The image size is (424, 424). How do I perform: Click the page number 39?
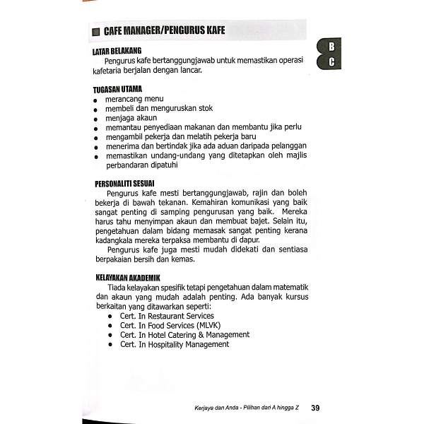315,408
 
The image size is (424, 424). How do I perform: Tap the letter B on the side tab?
331,47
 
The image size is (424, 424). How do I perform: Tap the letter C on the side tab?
331,62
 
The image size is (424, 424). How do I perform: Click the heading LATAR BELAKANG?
117,52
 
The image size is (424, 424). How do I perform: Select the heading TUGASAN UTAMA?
117,89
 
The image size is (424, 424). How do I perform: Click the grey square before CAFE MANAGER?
96,33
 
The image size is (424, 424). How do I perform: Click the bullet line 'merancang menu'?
134,100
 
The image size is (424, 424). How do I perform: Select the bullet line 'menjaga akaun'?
131,118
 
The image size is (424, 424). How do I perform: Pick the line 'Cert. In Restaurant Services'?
167,316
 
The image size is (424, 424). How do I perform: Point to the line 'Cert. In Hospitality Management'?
174,344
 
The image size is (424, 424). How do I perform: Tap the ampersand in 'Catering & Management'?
198,334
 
